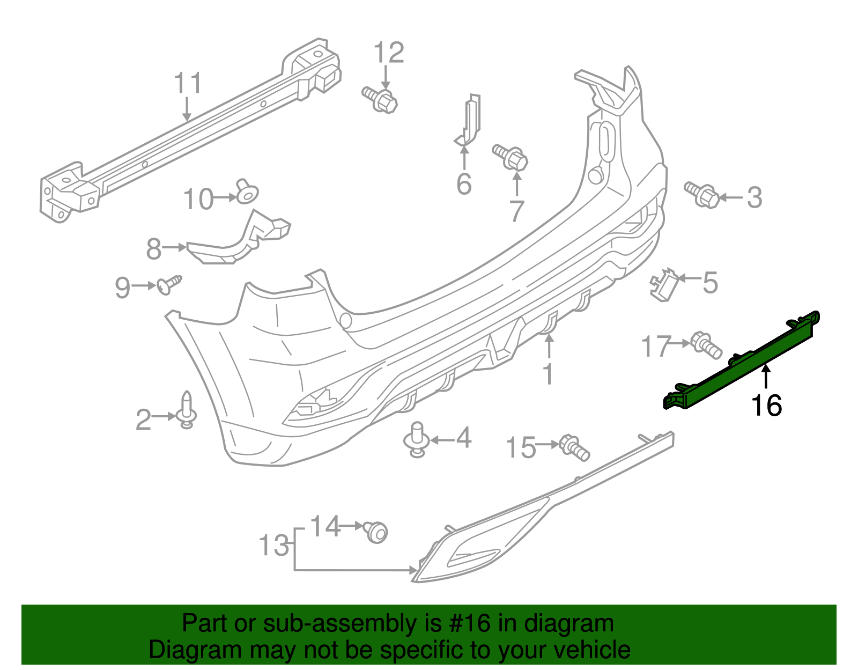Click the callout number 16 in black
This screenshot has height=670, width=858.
click(x=766, y=405)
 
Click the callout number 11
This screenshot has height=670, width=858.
click(x=188, y=83)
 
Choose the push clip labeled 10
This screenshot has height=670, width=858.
click(x=247, y=192)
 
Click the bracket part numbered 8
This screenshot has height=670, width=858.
click(x=236, y=241)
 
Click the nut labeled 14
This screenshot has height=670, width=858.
click(x=376, y=532)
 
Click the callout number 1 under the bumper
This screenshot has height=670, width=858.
click(x=548, y=374)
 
